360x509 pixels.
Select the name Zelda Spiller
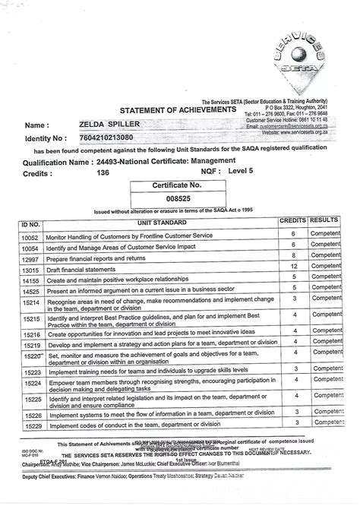pyautogui.click(x=95, y=124)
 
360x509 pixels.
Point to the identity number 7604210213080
pyautogui.click(x=95, y=138)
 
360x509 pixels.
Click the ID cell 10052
pyautogui.click(x=30, y=237)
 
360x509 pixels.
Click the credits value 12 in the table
pyautogui.click(x=292, y=267)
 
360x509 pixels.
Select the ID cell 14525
pyautogui.click(x=30, y=291)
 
